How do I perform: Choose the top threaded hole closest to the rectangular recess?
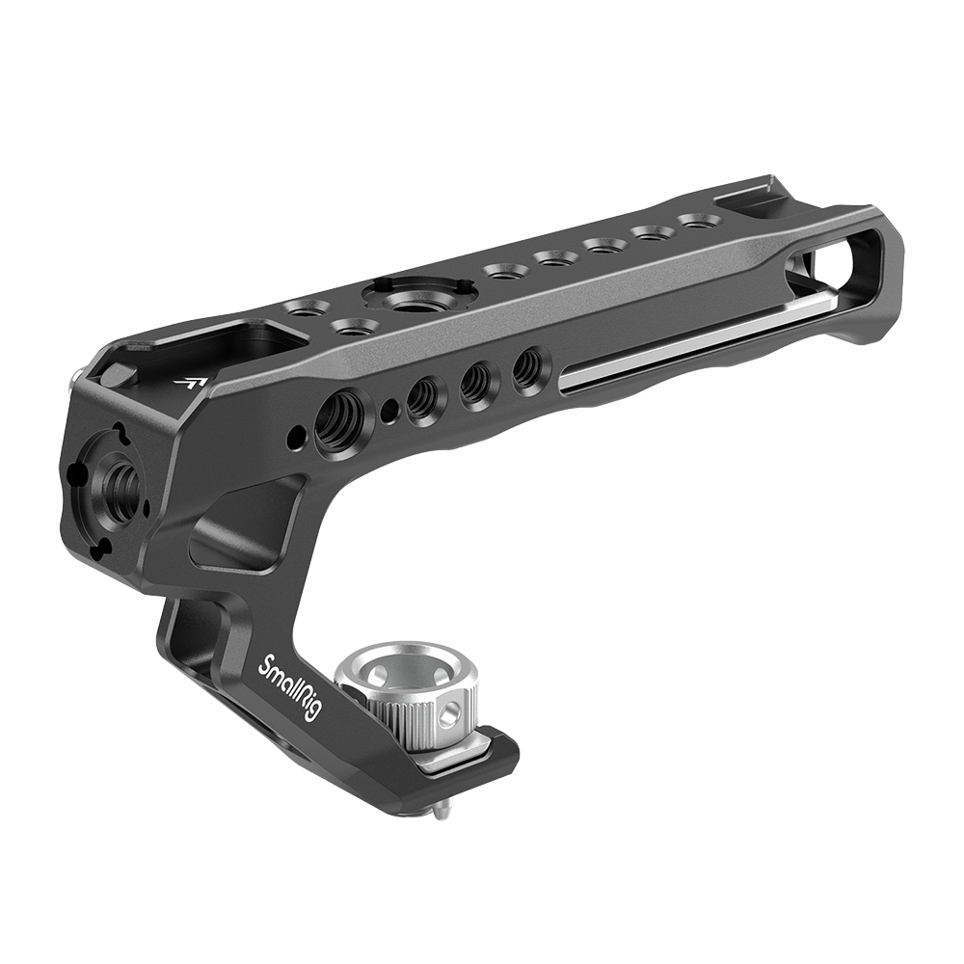(x=308, y=308)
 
